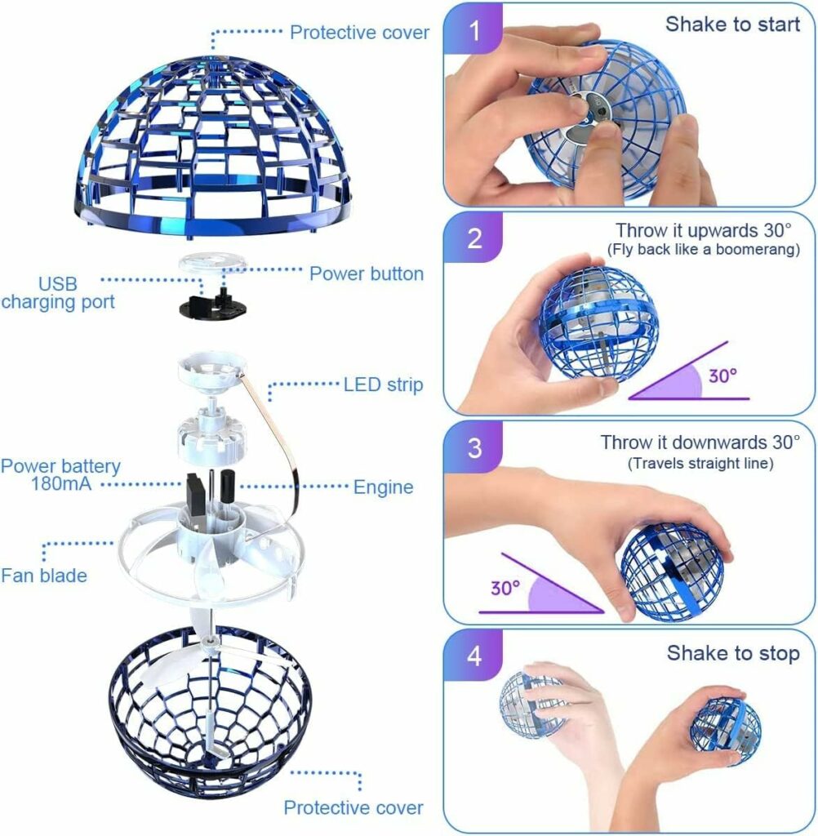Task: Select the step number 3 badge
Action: click(474, 447)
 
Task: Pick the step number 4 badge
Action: click(474, 656)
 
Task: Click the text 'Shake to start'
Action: click(732, 24)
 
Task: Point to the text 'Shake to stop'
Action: click(733, 653)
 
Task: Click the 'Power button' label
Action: click(366, 273)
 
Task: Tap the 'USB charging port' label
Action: click(58, 293)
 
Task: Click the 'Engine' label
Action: click(383, 487)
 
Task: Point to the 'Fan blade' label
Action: click(43, 576)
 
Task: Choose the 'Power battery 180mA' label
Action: click(60, 475)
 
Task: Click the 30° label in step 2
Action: click(721, 376)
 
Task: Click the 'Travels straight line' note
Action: click(701, 464)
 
